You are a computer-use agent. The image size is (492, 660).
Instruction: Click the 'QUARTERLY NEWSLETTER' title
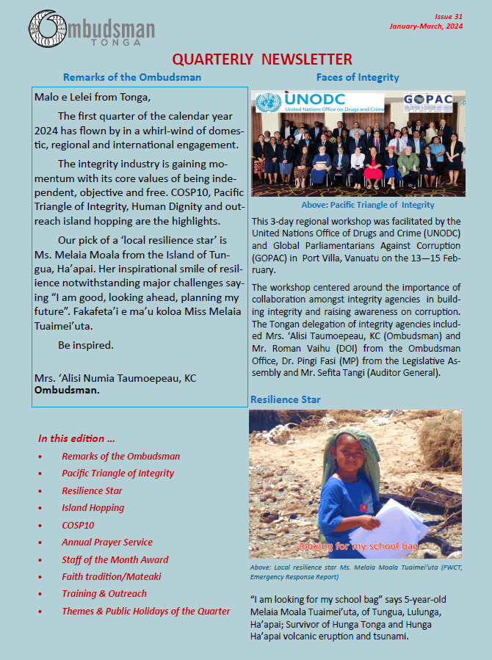pos(262,59)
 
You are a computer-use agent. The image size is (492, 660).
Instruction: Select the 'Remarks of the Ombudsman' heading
pos(132,77)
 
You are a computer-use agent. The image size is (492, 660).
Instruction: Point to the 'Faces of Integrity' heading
pos(358,77)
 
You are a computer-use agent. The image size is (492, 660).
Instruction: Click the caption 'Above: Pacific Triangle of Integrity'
pos(368,205)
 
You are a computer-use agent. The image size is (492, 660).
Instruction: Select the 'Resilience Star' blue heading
pos(285,399)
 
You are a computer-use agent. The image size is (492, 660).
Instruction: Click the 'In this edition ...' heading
pos(76,438)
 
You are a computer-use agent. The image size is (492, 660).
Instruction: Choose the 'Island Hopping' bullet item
pos(93,507)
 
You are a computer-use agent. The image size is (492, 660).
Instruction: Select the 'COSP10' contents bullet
pos(78,525)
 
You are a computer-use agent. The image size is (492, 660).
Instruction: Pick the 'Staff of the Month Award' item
pos(115,559)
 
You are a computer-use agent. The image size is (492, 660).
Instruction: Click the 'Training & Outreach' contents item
pos(104,593)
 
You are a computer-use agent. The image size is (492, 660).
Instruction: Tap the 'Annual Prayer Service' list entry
pos(107,542)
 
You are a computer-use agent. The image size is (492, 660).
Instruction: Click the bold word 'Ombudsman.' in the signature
pos(67,390)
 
